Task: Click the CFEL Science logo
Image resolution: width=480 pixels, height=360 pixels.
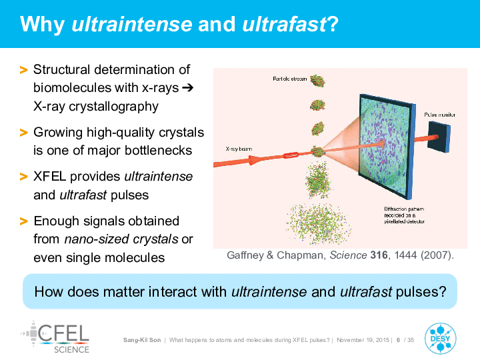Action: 55,337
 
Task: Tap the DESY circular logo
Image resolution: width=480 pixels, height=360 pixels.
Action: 440,339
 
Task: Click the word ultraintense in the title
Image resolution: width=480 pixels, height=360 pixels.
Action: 132,24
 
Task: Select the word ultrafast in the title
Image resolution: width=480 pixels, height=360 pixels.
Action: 285,24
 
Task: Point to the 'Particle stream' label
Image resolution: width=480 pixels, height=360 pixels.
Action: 289,79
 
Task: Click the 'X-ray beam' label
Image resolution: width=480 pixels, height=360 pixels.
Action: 239,149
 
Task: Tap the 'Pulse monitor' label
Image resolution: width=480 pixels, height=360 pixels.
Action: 439,115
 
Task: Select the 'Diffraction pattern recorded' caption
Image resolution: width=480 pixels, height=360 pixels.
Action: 405,215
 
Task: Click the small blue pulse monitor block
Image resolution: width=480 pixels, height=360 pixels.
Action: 439,137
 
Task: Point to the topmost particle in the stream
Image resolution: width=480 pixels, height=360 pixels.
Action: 317,81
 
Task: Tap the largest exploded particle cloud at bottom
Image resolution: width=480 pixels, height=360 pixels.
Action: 319,223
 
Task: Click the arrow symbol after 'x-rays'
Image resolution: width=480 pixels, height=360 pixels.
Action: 187,88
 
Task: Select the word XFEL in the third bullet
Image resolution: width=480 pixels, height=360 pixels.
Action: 49,176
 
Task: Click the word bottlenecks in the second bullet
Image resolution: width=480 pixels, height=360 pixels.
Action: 158,151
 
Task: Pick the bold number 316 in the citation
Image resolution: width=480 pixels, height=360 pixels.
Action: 379,255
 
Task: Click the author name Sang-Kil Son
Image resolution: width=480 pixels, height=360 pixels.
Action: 142,340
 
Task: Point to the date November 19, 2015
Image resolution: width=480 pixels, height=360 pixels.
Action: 363,340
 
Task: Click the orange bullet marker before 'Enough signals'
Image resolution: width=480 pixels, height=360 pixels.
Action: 23,221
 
